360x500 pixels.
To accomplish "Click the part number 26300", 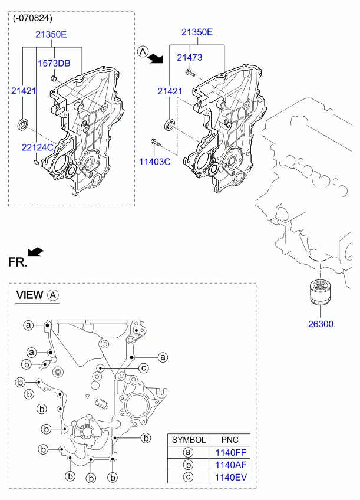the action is [x=321, y=324].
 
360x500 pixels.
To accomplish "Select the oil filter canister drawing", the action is [x=320, y=292].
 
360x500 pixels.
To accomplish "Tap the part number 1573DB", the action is [x=54, y=64].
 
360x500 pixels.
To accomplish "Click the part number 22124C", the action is [x=37, y=147].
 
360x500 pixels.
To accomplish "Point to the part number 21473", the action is [x=190, y=57].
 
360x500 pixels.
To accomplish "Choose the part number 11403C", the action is [x=155, y=162].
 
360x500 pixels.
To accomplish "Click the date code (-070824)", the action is [x=32, y=18].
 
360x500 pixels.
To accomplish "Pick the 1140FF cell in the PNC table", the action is [x=230, y=452].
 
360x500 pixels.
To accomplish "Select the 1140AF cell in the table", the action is [x=230, y=465].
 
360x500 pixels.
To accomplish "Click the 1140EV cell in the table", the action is [x=230, y=478].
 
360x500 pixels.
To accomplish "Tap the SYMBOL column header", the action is [x=189, y=440].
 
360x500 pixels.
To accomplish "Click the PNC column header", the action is [x=230, y=440].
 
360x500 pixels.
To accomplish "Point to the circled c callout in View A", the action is [x=144, y=369].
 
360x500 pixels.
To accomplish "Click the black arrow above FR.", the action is [x=35, y=252].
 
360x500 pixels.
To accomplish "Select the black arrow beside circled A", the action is [x=156, y=58].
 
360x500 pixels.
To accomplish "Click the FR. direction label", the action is [x=18, y=262].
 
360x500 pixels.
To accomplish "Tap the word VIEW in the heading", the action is [x=29, y=295].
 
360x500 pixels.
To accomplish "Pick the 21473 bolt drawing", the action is [x=190, y=73].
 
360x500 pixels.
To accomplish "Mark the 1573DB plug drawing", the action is [x=54, y=78].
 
